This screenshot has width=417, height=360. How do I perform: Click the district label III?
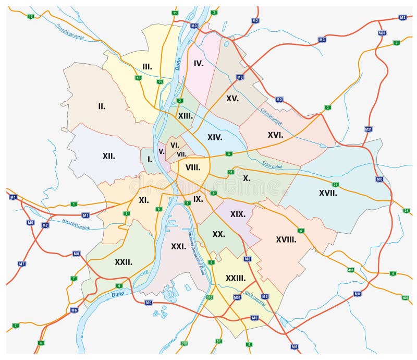pos(147,66)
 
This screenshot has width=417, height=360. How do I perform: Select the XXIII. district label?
pos(236,278)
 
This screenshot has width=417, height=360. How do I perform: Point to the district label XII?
pos(108,155)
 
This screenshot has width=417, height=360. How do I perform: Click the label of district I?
pos(150,159)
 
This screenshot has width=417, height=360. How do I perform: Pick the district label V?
pos(162,151)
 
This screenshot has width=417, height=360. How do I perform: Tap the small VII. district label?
pos(181,154)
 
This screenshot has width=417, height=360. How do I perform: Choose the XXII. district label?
pos(123,262)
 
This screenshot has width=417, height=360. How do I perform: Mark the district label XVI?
pos(275,135)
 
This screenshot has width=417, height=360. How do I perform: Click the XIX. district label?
pos(238,214)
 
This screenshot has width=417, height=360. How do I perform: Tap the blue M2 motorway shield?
pos(255,21)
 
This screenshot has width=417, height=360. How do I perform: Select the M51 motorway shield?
pos(237,297)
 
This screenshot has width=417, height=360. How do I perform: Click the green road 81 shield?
pos(218,341)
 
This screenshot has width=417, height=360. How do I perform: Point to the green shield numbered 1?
pos(74,204)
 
